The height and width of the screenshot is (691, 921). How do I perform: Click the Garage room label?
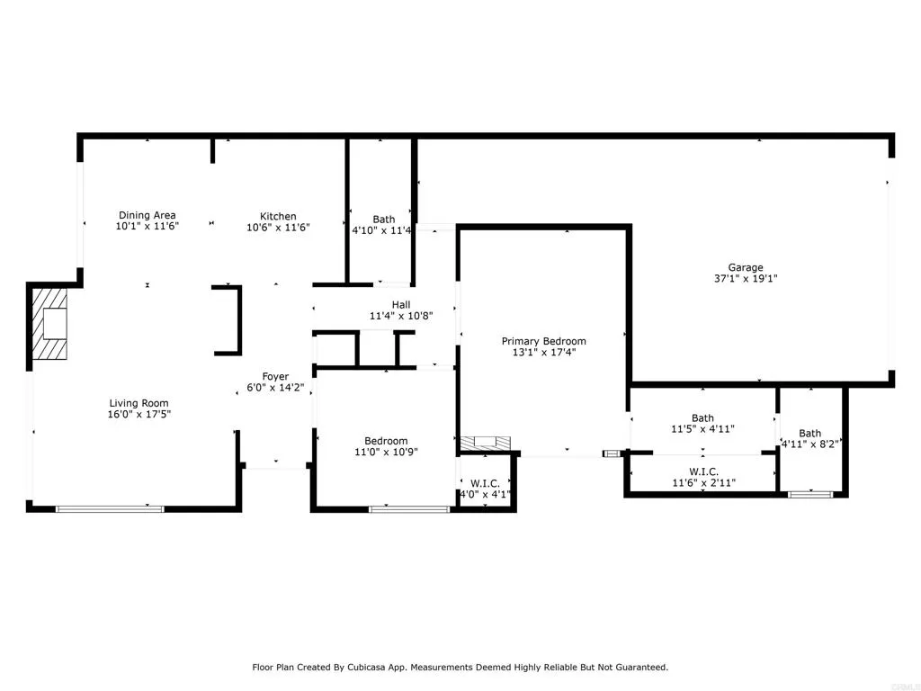click(x=746, y=267)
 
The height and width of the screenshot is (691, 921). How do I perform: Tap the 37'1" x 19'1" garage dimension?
click(x=746, y=279)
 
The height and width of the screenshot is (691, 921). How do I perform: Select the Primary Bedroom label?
click(x=543, y=341)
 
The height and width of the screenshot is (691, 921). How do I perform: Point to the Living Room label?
click(x=139, y=403)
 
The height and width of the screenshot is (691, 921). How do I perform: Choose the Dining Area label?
click(x=147, y=216)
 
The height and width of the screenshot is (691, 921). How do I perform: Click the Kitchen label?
click(x=278, y=216)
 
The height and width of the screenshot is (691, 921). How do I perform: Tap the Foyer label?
click(x=275, y=376)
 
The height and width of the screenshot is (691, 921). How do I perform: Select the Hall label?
click(x=401, y=305)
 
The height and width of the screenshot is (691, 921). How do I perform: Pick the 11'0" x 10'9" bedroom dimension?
click(x=386, y=452)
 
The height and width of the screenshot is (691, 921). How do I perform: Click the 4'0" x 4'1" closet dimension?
click(x=486, y=494)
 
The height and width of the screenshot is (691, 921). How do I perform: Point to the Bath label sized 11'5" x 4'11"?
click(x=702, y=417)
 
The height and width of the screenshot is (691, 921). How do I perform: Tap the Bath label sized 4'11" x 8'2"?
click(x=809, y=433)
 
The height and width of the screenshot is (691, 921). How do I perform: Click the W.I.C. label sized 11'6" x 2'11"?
click(x=702, y=471)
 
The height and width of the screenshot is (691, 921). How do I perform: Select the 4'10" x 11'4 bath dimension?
click(x=382, y=230)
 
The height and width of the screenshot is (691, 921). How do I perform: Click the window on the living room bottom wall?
click(x=110, y=509)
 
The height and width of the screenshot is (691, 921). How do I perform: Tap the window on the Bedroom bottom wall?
click(x=409, y=509)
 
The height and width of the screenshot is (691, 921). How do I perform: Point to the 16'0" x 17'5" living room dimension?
click(x=139, y=415)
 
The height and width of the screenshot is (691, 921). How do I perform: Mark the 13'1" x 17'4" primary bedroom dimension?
click(x=543, y=353)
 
